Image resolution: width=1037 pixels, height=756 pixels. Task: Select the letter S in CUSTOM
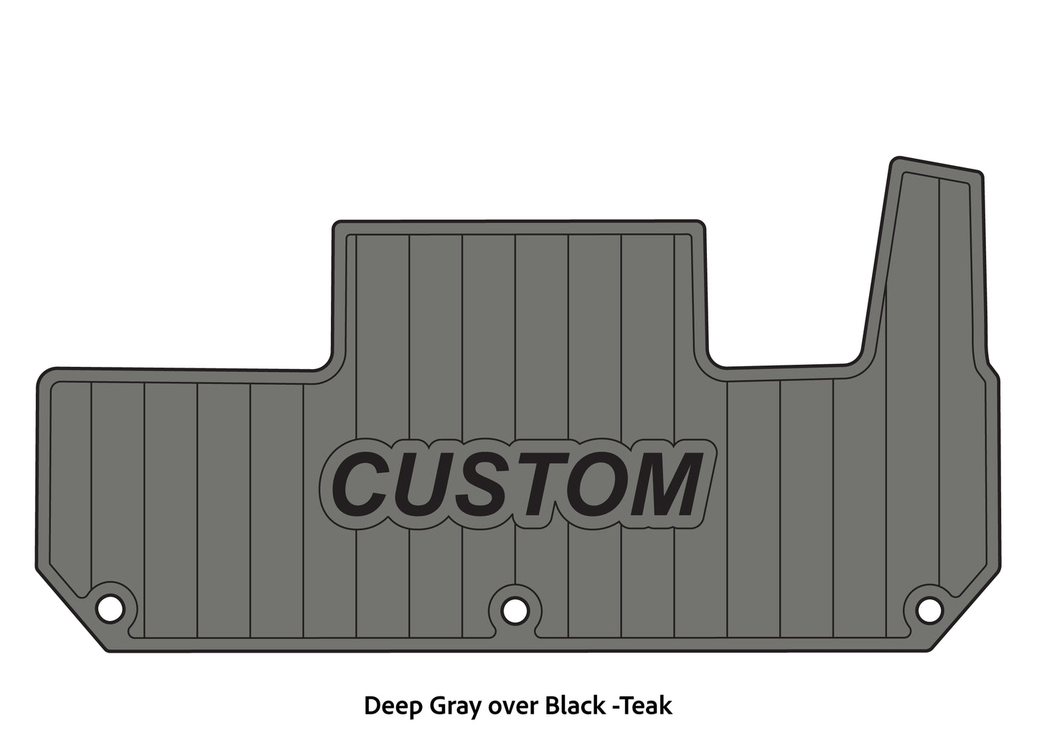488,485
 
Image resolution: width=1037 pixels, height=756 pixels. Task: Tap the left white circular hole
111,608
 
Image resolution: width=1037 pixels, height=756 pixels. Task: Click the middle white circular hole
515,610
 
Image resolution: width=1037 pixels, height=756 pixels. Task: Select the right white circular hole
929,610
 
